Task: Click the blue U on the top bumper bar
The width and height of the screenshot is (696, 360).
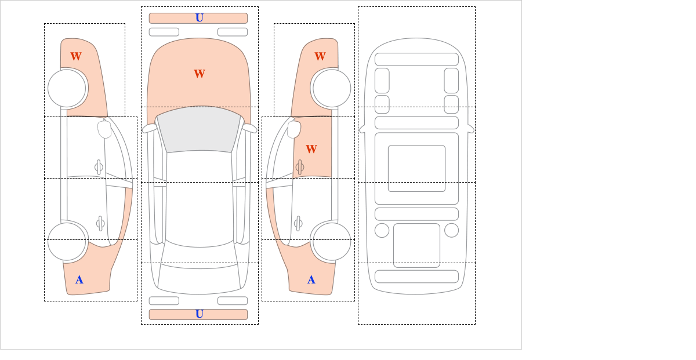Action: pos(200,18)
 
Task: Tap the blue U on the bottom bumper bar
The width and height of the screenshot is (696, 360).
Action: pos(200,314)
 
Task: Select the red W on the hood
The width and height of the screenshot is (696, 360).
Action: pos(200,74)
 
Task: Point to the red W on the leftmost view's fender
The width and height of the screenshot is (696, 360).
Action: pos(76,56)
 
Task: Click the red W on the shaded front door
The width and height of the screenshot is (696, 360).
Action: pos(311,149)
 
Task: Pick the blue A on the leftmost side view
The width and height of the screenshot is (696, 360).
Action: pos(79,280)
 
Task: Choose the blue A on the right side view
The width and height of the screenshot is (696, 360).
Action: pos(311,280)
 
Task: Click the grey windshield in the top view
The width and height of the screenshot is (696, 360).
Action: pos(199,129)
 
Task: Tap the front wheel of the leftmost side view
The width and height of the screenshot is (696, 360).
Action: pos(67,88)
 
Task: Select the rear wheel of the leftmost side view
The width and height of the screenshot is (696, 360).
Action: pos(67,241)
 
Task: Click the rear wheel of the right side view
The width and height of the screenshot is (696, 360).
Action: pos(332,241)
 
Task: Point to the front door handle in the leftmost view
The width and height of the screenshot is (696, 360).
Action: pos(99,168)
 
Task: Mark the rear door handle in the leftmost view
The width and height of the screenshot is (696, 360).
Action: pos(100,223)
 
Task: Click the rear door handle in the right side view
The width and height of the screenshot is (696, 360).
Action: pos(298,223)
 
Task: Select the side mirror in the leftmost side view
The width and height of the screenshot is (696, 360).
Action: pos(104,129)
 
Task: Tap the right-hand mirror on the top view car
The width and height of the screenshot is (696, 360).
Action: pos(250,128)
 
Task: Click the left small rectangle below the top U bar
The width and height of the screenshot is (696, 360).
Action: pos(164,32)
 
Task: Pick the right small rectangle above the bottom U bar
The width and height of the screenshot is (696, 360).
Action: pos(233,301)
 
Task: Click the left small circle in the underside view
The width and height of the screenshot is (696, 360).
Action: pos(382,231)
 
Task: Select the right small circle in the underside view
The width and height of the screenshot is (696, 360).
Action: pos(451,231)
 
